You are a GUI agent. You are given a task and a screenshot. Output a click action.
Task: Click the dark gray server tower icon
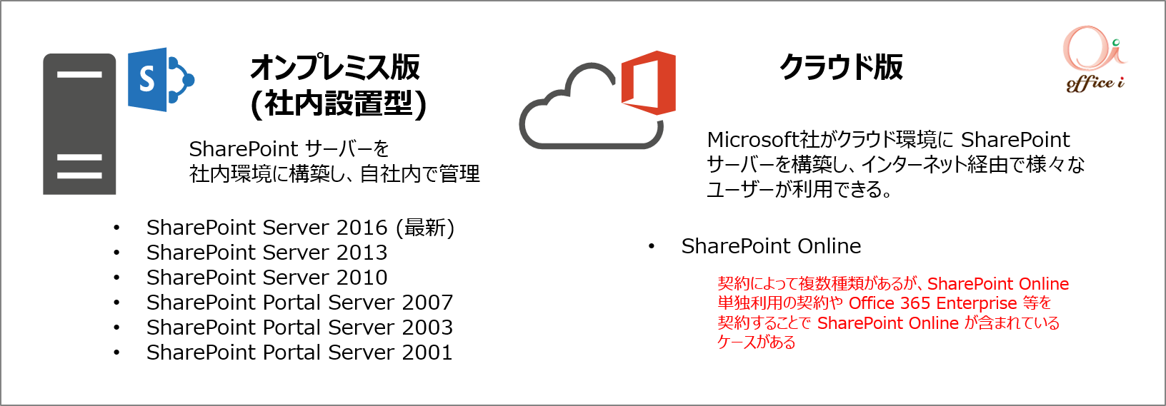point(79,123)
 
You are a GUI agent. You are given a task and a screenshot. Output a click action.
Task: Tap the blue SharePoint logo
point(161,79)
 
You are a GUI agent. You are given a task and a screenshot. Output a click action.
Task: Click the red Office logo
point(649,82)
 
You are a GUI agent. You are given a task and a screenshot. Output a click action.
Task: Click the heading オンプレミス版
point(335,68)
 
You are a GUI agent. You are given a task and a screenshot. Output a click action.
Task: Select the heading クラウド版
point(841,67)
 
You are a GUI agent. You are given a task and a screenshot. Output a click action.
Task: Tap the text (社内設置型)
point(339,104)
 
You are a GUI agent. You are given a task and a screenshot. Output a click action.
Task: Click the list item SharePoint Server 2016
point(266,228)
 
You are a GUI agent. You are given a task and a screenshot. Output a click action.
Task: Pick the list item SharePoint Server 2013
point(266,253)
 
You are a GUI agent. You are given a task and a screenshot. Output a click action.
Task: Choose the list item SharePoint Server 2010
point(266,278)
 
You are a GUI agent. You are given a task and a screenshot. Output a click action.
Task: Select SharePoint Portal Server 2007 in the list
point(299,303)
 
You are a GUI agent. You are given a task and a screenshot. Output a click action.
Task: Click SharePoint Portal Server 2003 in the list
point(299,328)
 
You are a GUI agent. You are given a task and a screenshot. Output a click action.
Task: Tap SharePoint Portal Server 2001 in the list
point(299,352)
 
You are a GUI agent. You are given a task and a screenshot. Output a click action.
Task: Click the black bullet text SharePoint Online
point(771,246)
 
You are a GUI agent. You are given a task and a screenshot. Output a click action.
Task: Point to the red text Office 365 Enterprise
point(933,303)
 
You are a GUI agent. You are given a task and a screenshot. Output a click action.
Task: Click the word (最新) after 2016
point(425,228)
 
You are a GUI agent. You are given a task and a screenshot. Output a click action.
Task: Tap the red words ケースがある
point(757,342)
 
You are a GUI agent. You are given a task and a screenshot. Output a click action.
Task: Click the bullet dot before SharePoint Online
point(651,246)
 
